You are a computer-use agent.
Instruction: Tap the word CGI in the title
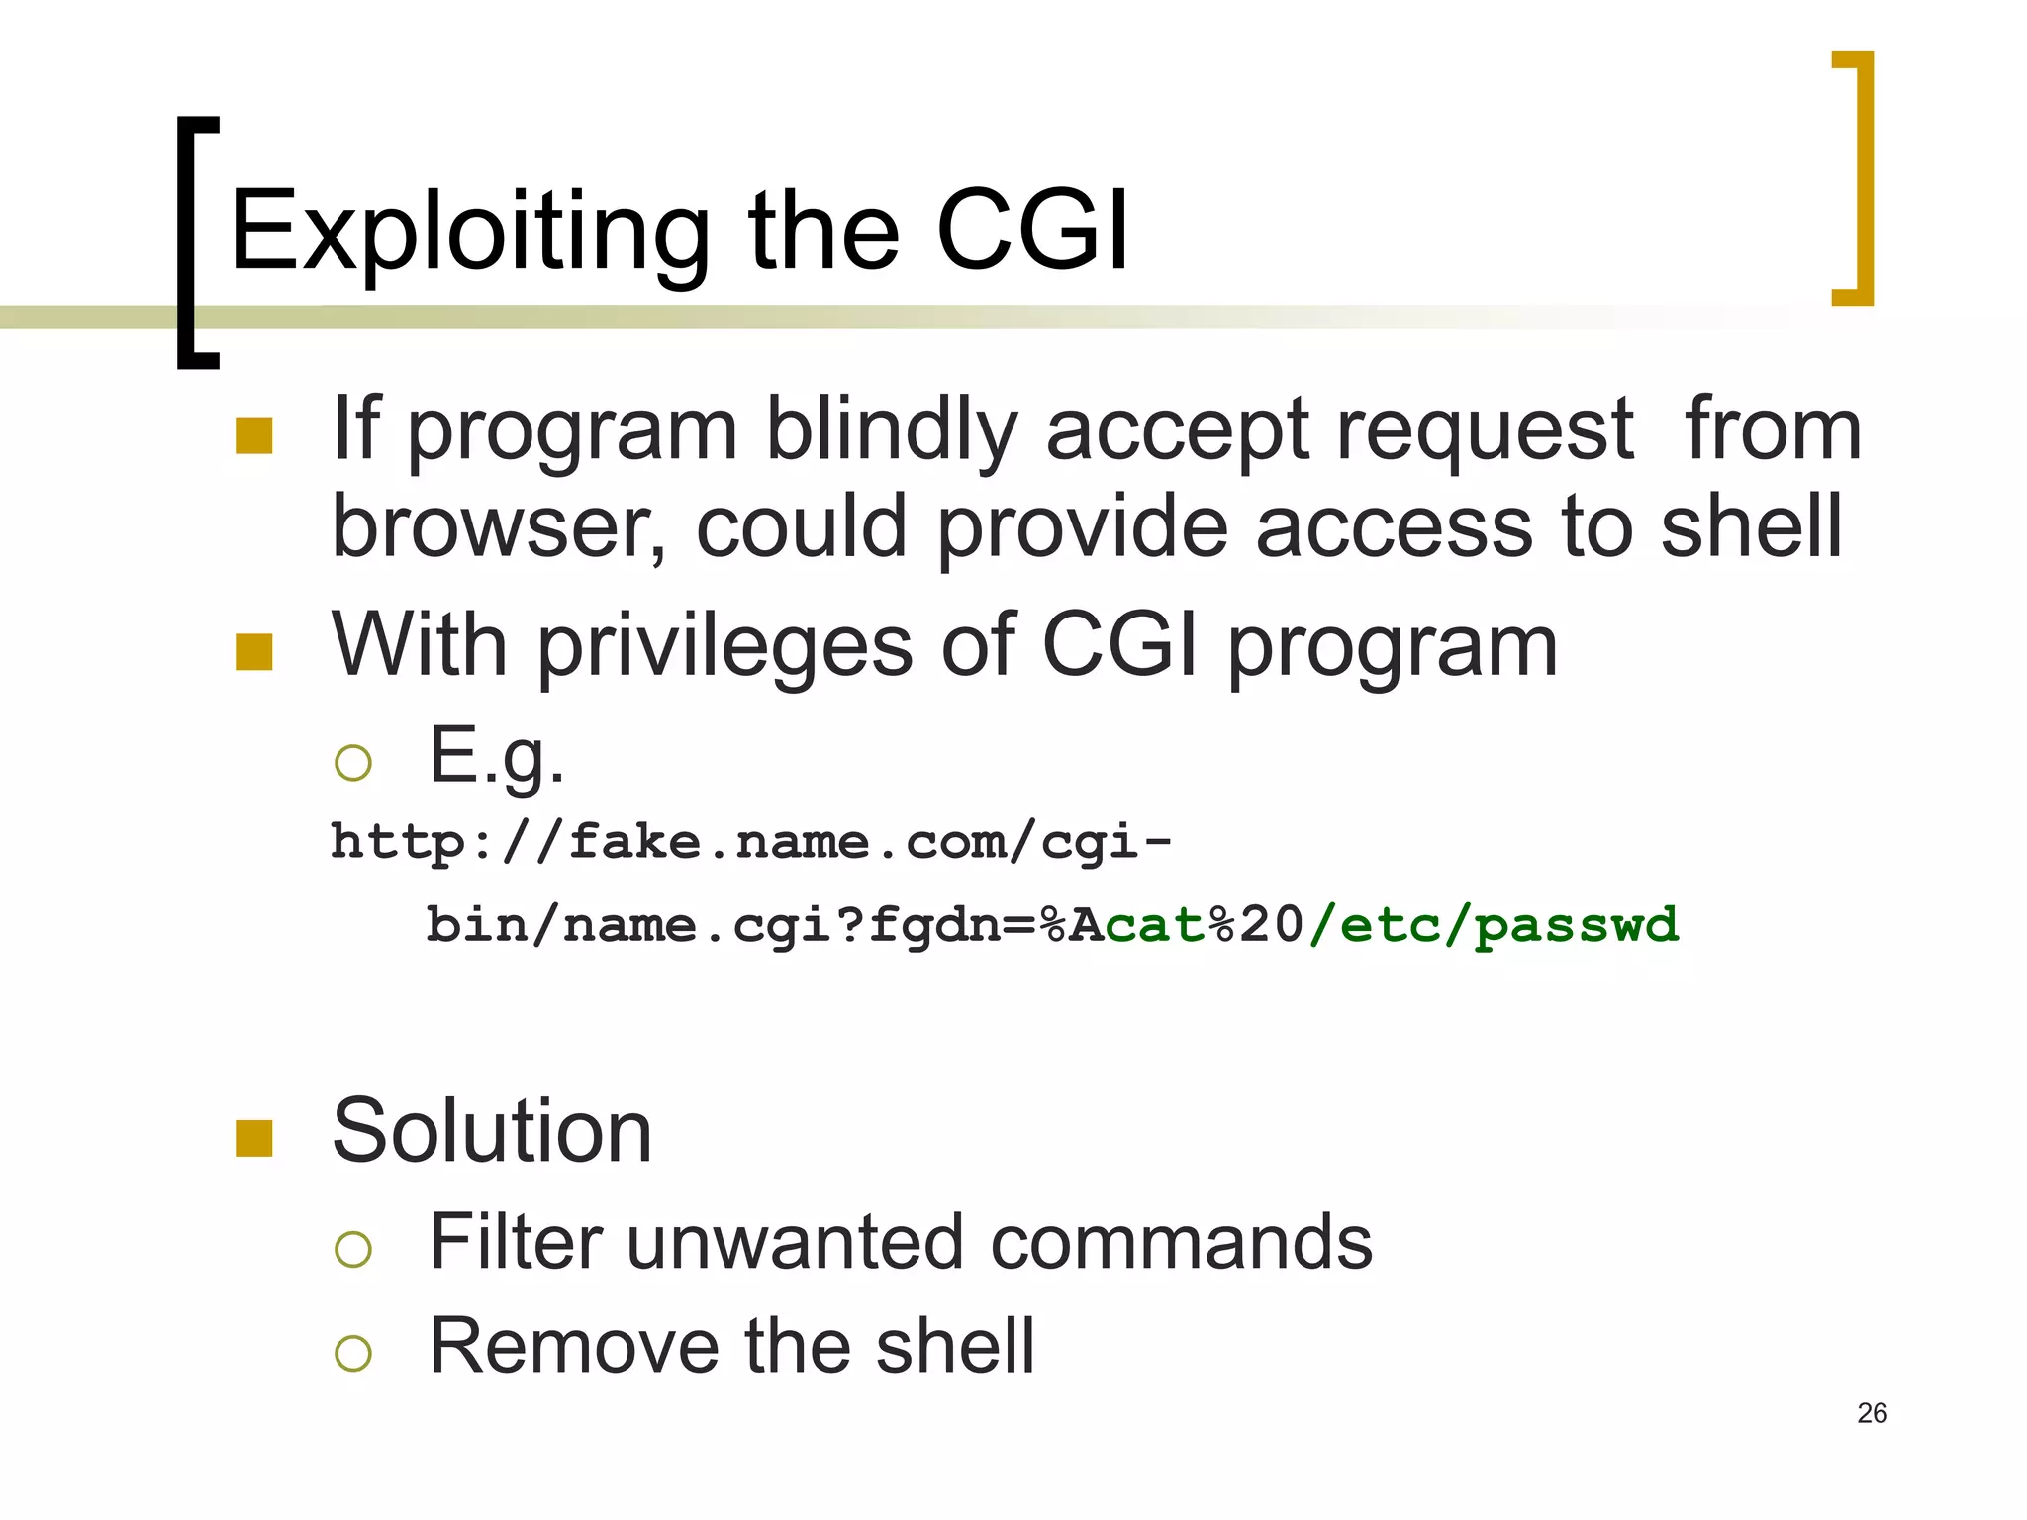coord(1031,231)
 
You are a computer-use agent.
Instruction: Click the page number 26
coord(1872,1413)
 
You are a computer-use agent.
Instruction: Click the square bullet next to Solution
coord(254,1138)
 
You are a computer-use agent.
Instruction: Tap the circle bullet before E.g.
coord(353,763)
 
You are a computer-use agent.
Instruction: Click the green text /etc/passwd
coord(1494,926)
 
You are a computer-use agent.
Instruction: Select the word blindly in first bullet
coord(891,430)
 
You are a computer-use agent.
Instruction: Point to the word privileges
coord(724,645)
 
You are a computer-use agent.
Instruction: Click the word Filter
coord(515,1242)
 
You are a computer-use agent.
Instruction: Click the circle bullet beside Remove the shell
coord(353,1353)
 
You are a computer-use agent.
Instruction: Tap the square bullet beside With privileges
coord(254,652)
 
